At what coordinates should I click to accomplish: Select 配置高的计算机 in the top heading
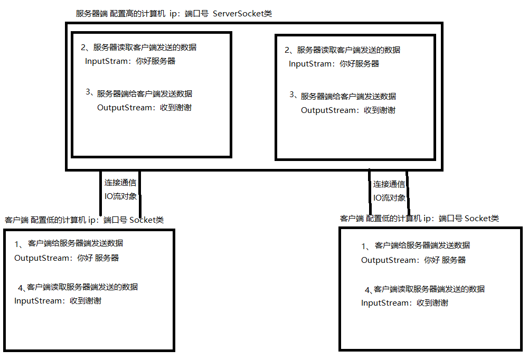(137, 14)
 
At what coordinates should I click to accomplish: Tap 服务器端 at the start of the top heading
(92, 14)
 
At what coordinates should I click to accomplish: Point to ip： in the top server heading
(175, 14)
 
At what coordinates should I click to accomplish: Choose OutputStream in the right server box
(328, 110)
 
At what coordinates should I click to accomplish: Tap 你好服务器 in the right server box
(360, 64)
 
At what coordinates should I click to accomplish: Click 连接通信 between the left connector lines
(120, 183)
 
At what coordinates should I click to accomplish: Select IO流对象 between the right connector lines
(389, 198)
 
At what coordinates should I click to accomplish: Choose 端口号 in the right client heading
(450, 219)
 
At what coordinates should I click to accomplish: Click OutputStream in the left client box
(42, 258)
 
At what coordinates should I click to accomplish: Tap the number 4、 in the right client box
(369, 290)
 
